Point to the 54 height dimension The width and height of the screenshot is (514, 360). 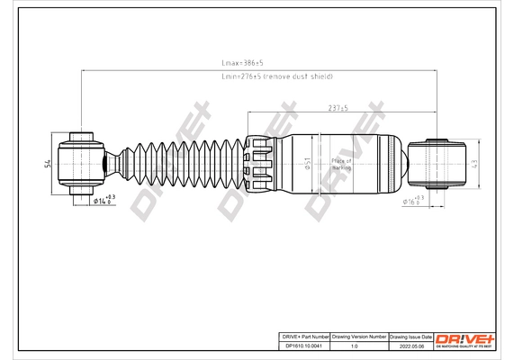click(47, 163)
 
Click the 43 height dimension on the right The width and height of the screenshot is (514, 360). click(474, 163)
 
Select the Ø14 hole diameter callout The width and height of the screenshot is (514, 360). click(103, 201)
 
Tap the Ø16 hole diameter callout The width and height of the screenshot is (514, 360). click(413, 201)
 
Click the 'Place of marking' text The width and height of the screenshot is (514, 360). click(341, 164)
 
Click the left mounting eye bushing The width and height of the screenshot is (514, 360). click(81, 163)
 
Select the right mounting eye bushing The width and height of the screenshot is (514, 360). click(440, 163)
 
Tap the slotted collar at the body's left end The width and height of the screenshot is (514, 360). click(258, 163)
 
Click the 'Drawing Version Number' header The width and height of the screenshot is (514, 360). click(359, 335)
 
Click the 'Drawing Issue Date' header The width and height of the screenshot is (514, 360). click(410, 335)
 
